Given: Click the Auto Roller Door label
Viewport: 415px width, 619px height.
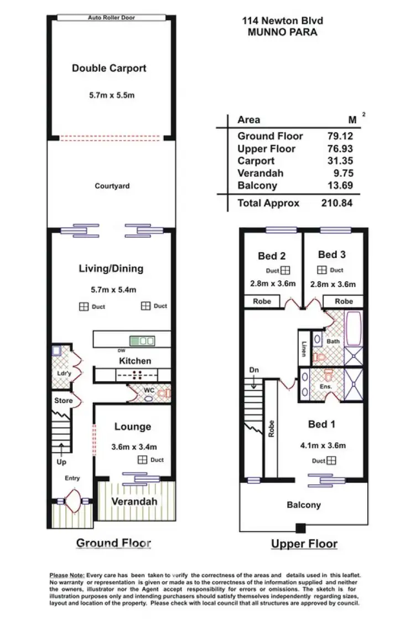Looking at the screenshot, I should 111,18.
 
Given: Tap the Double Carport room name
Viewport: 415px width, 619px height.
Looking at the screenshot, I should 109,69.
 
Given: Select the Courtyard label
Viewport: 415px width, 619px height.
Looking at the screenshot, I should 112,186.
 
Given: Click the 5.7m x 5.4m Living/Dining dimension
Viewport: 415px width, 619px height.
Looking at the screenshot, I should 112,289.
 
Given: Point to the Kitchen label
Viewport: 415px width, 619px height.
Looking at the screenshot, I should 135,361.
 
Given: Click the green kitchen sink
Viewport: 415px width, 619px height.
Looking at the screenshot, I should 142,341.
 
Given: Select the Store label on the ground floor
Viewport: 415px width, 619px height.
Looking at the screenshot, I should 63,401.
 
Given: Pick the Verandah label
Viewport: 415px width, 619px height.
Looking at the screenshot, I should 134,502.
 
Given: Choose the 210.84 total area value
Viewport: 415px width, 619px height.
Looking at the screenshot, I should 337,203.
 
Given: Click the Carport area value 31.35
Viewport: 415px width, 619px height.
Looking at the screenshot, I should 340,161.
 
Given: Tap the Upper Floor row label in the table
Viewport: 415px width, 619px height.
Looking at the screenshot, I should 266,149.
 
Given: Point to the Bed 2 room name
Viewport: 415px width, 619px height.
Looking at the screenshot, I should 272,256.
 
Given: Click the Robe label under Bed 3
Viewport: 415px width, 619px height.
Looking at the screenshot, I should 344,302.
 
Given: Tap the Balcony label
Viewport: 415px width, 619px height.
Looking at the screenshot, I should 303,505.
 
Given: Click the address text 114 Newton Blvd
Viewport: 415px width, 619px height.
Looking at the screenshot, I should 282,21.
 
